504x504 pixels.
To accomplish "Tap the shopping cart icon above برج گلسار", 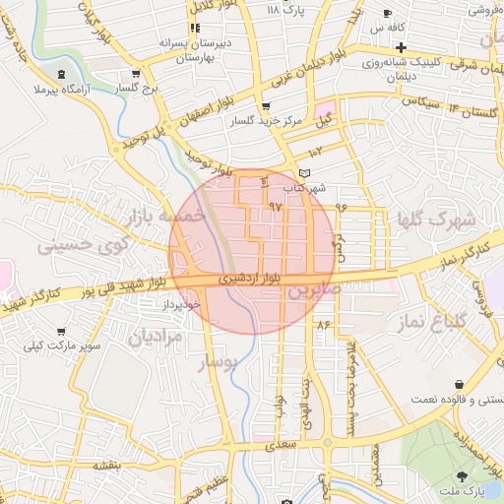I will coord(135,73).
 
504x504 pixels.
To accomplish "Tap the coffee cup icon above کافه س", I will coord(387,14).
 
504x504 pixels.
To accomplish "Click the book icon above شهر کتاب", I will coord(304,173).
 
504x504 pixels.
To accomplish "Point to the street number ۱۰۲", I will coord(314,151).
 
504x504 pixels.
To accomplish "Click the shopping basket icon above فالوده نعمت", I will coord(460,385).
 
